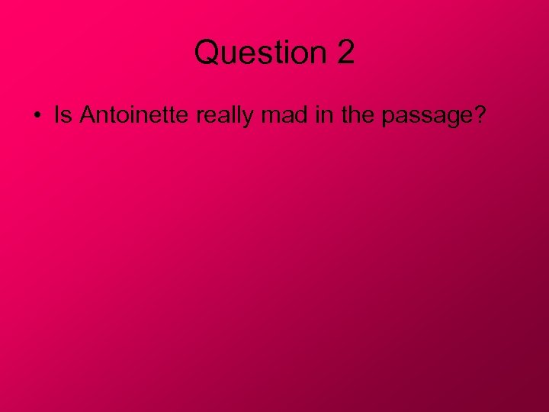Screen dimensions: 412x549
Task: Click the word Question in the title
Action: coord(258,53)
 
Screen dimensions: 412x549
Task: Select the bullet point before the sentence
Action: coord(37,116)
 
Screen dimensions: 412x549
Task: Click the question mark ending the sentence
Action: coord(480,115)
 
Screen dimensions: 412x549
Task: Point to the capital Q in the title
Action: coord(206,53)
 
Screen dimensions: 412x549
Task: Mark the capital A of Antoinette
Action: coord(87,115)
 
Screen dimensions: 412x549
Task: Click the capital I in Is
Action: coord(57,115)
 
